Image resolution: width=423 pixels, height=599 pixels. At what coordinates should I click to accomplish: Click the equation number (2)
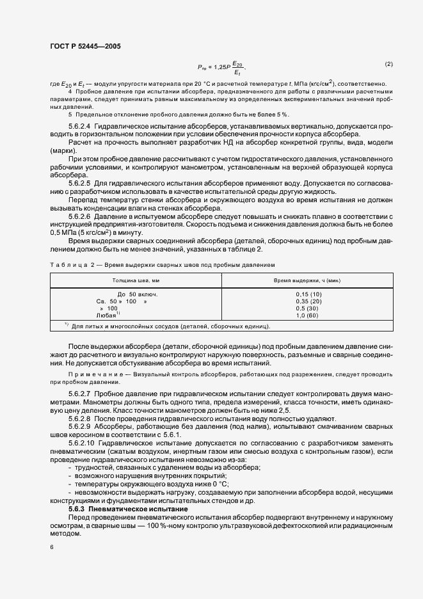point(388,64)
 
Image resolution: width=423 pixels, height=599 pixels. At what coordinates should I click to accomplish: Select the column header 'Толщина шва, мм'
point(135,280)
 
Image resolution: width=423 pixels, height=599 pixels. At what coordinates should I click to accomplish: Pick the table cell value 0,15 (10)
point(308,294)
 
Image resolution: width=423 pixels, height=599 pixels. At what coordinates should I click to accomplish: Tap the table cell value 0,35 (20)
point(308,301)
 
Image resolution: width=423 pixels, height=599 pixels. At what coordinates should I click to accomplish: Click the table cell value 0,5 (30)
point(308,308)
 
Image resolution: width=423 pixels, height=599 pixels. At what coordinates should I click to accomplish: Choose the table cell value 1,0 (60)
point(308,315)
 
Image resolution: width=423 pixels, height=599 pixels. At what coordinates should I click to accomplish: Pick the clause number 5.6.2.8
point(80,416)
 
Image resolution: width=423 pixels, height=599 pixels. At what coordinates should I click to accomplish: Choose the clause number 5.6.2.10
point(82,442)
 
